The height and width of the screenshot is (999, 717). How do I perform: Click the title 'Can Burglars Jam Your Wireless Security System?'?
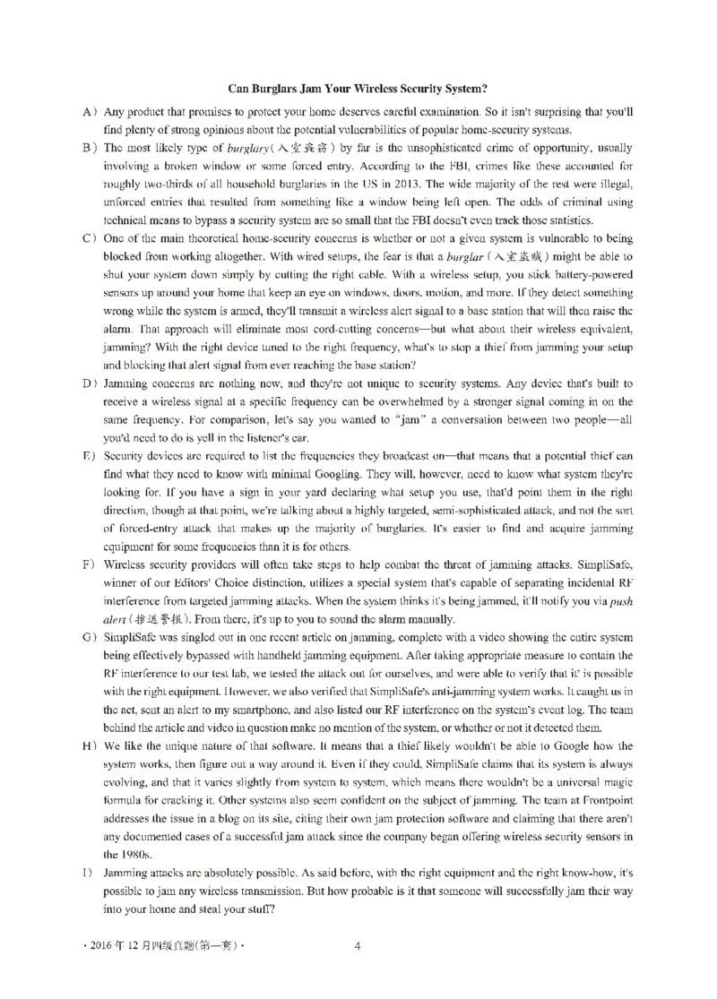click(x=358, y=88)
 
